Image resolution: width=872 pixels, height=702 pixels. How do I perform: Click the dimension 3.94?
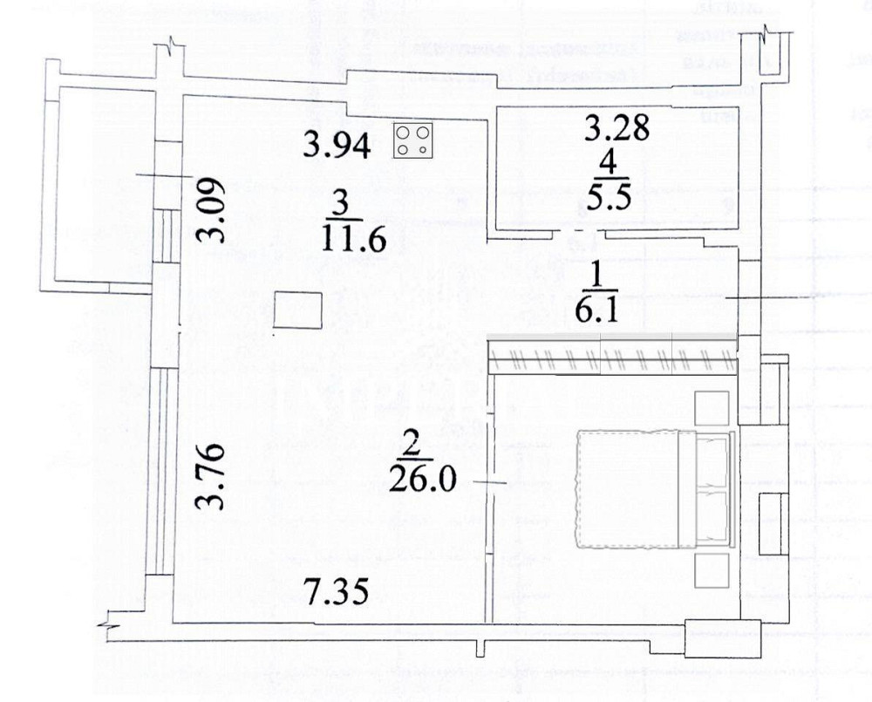[337, 143]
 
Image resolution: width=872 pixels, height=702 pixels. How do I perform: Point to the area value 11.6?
[352, 236]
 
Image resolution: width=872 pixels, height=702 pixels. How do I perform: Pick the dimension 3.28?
[617, 129]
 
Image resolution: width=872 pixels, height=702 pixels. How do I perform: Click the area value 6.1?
[597, 309]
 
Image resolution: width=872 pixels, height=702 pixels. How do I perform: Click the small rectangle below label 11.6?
[297, 310]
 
